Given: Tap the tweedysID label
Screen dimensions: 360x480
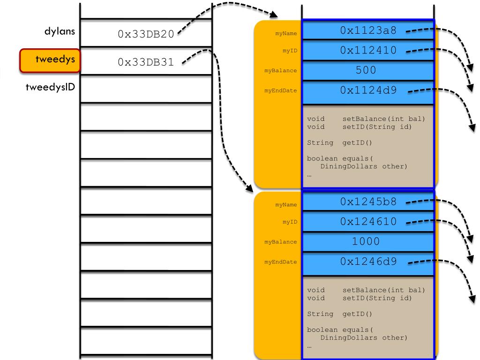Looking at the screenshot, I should [x=51, y=88].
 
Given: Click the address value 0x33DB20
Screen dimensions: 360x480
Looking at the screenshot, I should [x=146, y=34].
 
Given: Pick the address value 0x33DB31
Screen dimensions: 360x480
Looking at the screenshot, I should [x=146, y=61].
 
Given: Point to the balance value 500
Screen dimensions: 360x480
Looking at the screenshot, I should [x=366, y=70].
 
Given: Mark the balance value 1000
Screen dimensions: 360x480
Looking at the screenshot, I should [x=366, y=241].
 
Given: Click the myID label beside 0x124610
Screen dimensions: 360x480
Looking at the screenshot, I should [x=289, y=222].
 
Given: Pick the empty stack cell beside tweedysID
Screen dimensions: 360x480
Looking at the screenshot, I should [x=146, y=89].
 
